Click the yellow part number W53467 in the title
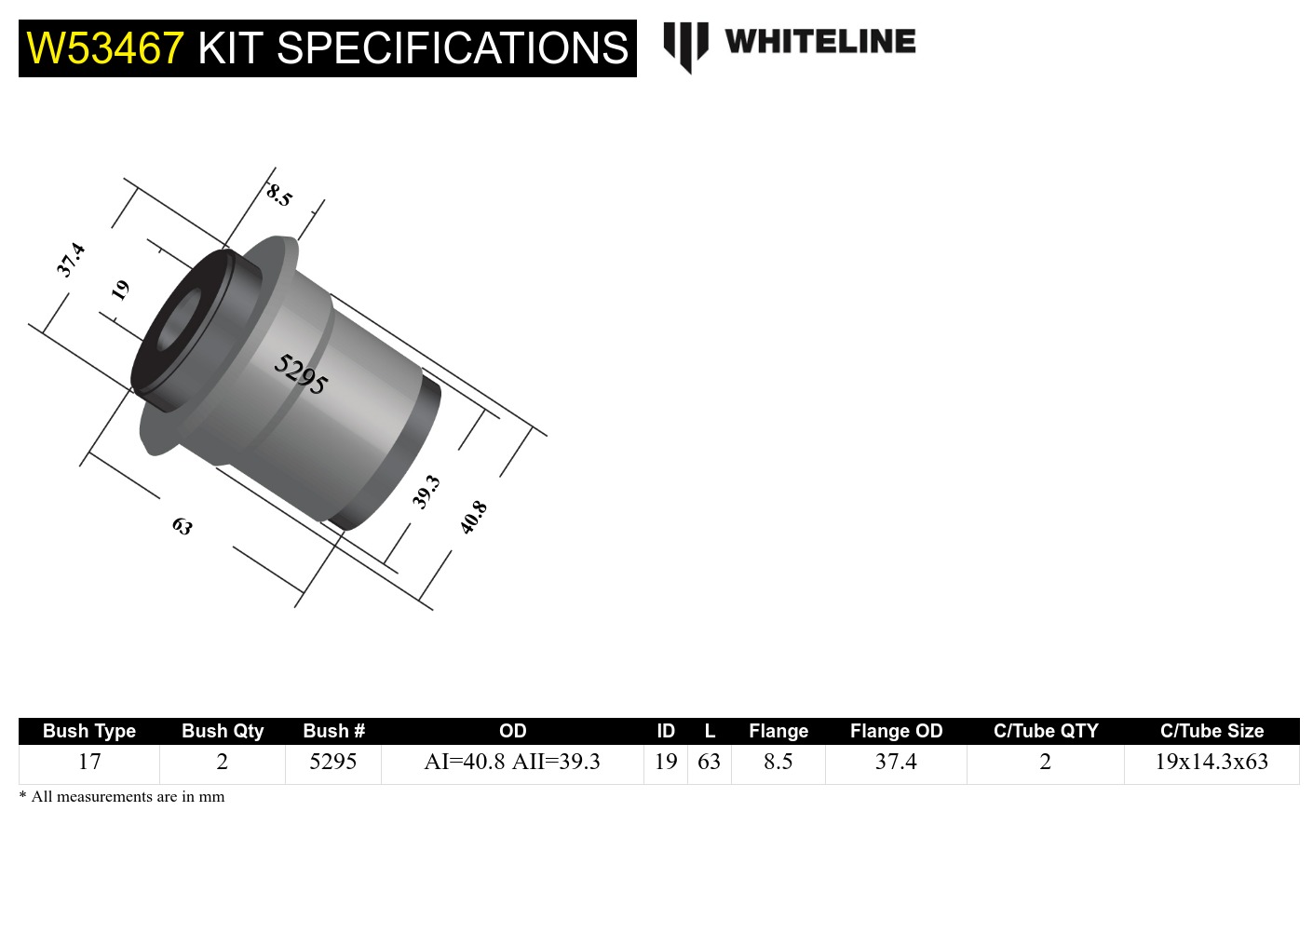point(105,48)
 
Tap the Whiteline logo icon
point(685,46)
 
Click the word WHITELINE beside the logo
point(819,42)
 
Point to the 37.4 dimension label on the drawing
point(71,260)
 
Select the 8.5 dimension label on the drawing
point(278,196)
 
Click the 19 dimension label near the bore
point(120,291)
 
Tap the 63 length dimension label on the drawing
point(183,527)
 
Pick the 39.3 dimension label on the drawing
point(426,492)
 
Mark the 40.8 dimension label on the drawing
point(473,517)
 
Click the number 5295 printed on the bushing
point(301,374)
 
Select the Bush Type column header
point(89,731)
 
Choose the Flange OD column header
point(896,731)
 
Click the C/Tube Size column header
point(1211,731)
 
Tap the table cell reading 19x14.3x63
point(1211,762)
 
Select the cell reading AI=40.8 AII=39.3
point(512,762)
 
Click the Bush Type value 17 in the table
point(89,762)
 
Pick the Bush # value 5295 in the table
point(333,762)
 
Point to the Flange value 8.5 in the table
point(778,762)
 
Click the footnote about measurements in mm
point(122,797)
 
